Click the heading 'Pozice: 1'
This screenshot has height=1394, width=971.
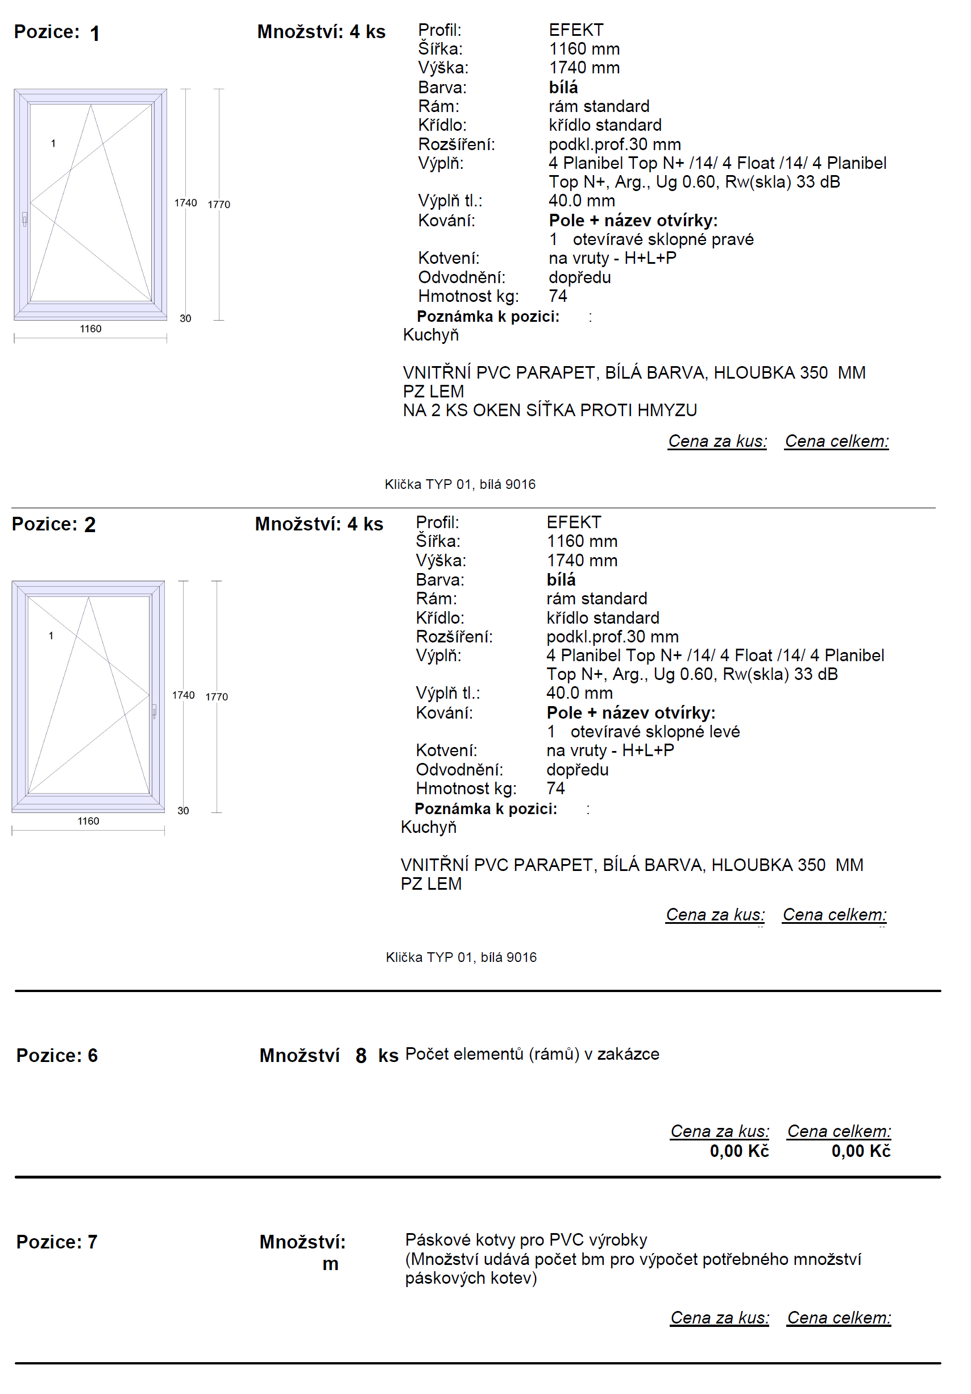tap(56, 32)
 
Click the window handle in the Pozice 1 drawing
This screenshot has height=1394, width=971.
tap(24, 218)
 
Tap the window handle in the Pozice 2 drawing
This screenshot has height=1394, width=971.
tap(154, 711)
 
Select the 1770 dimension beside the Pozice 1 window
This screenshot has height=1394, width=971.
tap(219, 205)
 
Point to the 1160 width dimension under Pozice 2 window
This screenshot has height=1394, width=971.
tap(88, 821)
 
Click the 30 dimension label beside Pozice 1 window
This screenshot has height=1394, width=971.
tap(185, 318)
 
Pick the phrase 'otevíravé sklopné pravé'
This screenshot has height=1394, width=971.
tap(662, 239)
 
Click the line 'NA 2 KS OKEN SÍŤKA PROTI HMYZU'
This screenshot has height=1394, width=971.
tap(550, 410)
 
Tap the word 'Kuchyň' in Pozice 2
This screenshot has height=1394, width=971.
tap(428, 827)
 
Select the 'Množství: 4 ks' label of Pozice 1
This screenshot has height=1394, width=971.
tap(321, 32)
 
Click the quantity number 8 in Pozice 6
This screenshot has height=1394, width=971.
tap(360, 1056)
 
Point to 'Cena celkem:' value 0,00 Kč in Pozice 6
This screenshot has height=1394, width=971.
tap(861, 1151)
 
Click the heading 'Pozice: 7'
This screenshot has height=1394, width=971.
tap(56, 1242)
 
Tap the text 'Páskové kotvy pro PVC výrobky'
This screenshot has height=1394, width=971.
tap(526, 1239)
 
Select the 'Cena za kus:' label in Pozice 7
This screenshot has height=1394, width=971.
tap(719, 1317)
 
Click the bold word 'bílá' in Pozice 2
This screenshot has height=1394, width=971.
tap(561, 579)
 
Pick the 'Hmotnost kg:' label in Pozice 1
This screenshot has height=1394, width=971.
tap(468, 296)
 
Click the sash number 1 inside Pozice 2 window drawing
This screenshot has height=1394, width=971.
tap(51, 636)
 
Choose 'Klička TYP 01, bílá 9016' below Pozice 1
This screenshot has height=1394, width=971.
tap(460, 484)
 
